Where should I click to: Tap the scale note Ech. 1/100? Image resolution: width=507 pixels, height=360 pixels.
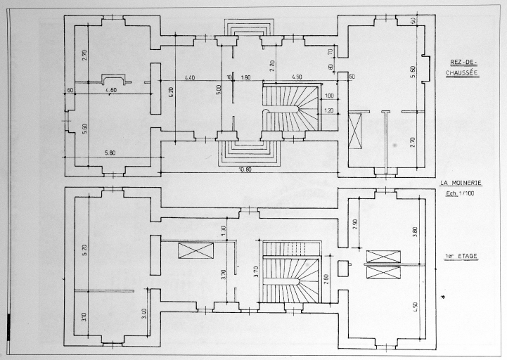[x=461, y=193]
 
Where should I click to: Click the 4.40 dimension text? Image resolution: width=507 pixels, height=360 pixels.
[x=191, y=77]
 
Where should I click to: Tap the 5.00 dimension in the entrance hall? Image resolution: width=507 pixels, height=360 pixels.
[x=218, y=89]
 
